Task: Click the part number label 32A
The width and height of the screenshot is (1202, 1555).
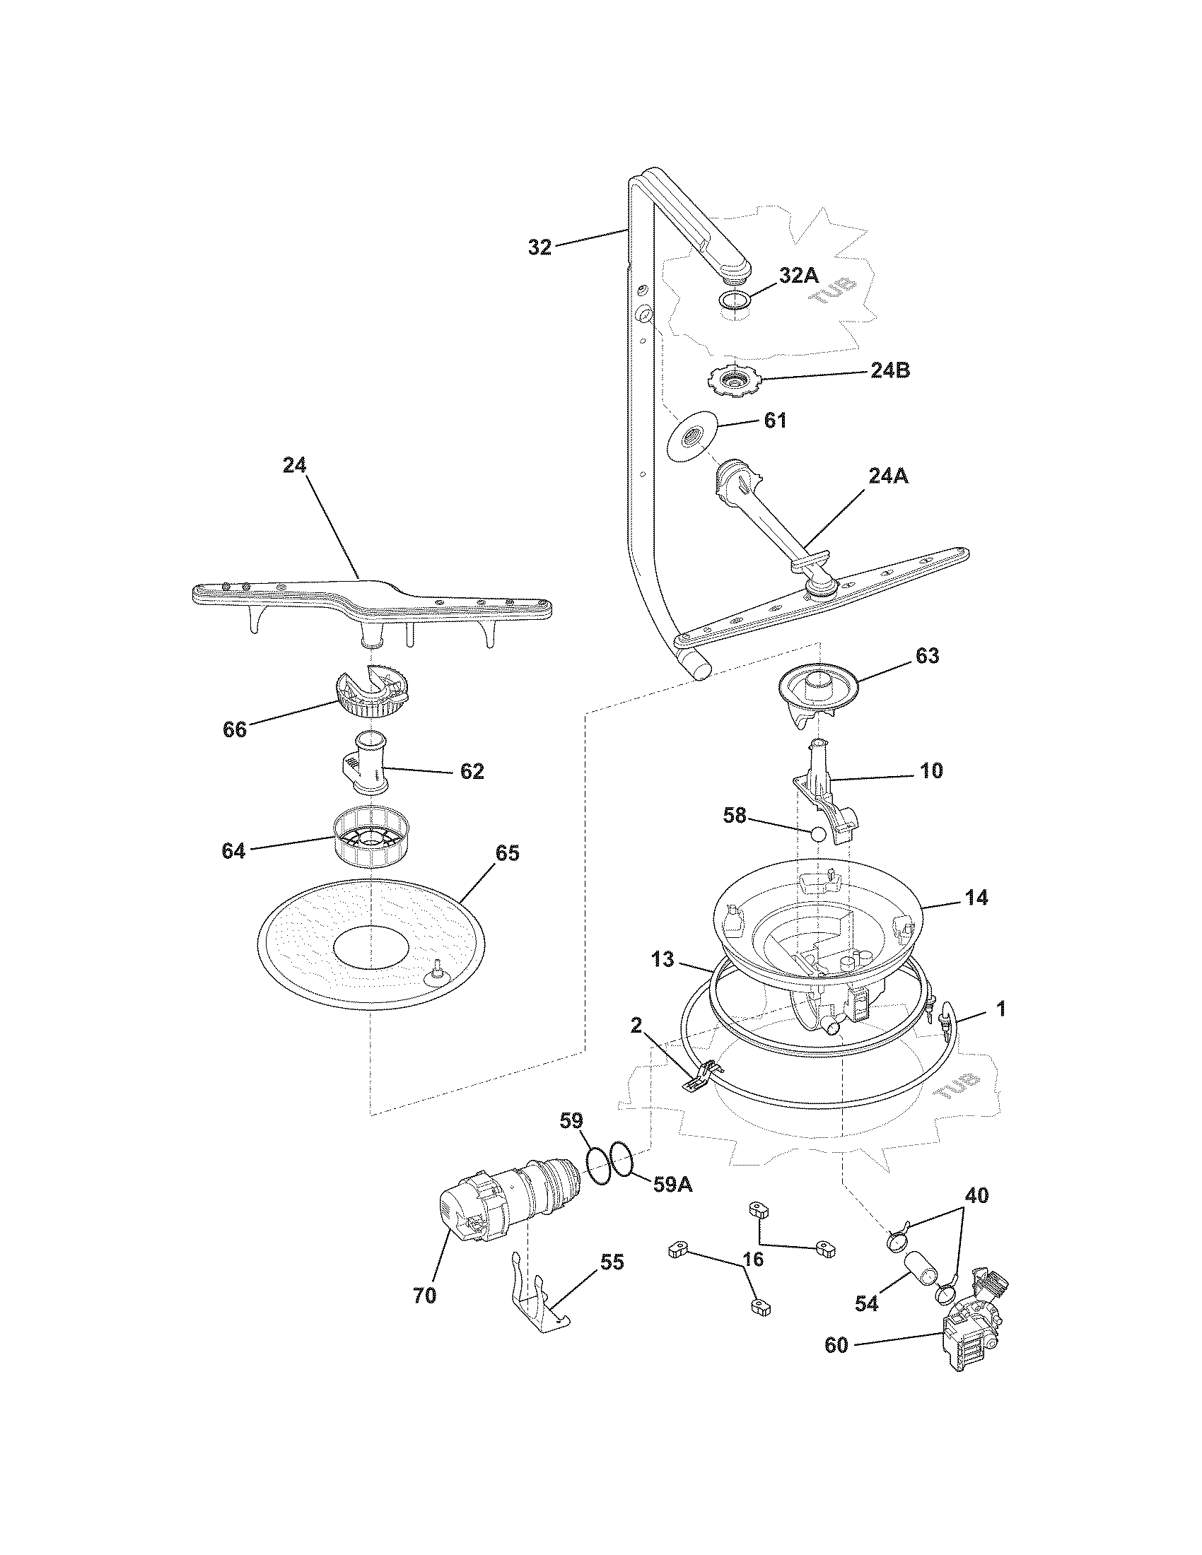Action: [798, 276]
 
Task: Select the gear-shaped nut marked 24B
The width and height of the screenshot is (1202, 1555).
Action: [733, 382]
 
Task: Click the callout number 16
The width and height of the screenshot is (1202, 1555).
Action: [753, 1259]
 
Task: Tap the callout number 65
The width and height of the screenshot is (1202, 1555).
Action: [507, 852]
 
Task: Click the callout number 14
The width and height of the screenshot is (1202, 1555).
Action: [977, 898]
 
